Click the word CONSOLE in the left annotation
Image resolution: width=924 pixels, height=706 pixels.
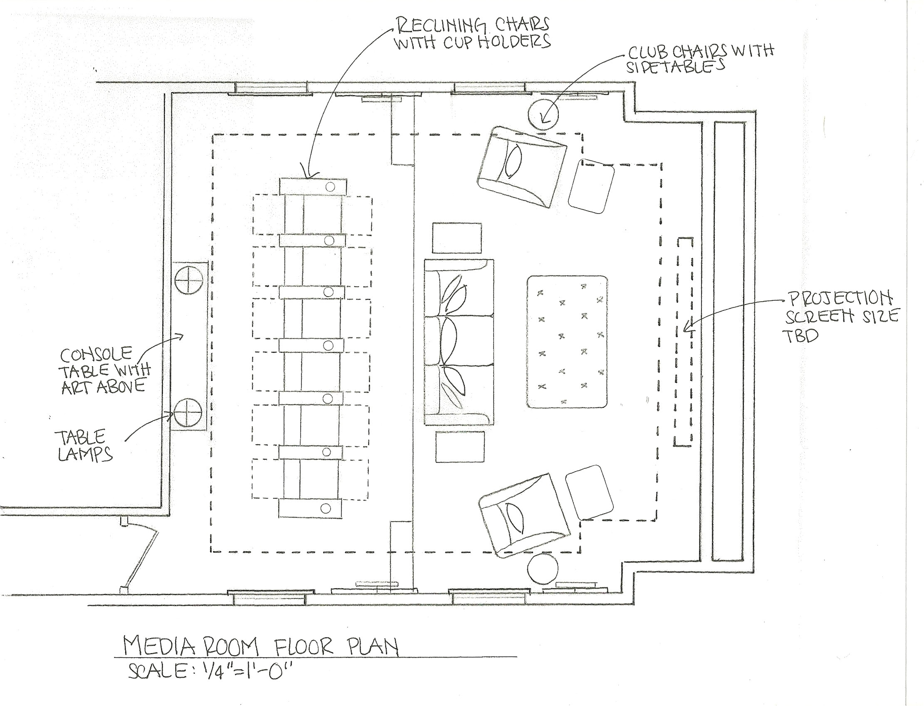(96, 355)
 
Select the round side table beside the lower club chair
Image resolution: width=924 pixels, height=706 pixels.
(543, 569)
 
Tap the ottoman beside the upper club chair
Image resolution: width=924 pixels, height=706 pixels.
(591, 185)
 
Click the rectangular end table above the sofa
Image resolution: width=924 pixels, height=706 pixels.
(457, 238)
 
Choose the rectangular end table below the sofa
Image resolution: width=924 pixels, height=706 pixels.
(459, 447)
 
